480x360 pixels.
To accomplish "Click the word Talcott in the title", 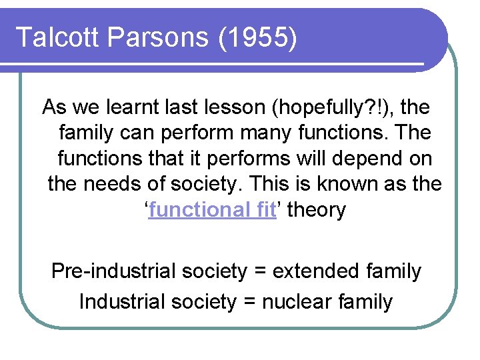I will point(53,37).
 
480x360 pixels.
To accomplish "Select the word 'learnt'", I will point(158,107).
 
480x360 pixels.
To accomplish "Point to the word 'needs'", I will point(113,184).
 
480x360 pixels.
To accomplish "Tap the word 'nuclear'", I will point(297,301).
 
